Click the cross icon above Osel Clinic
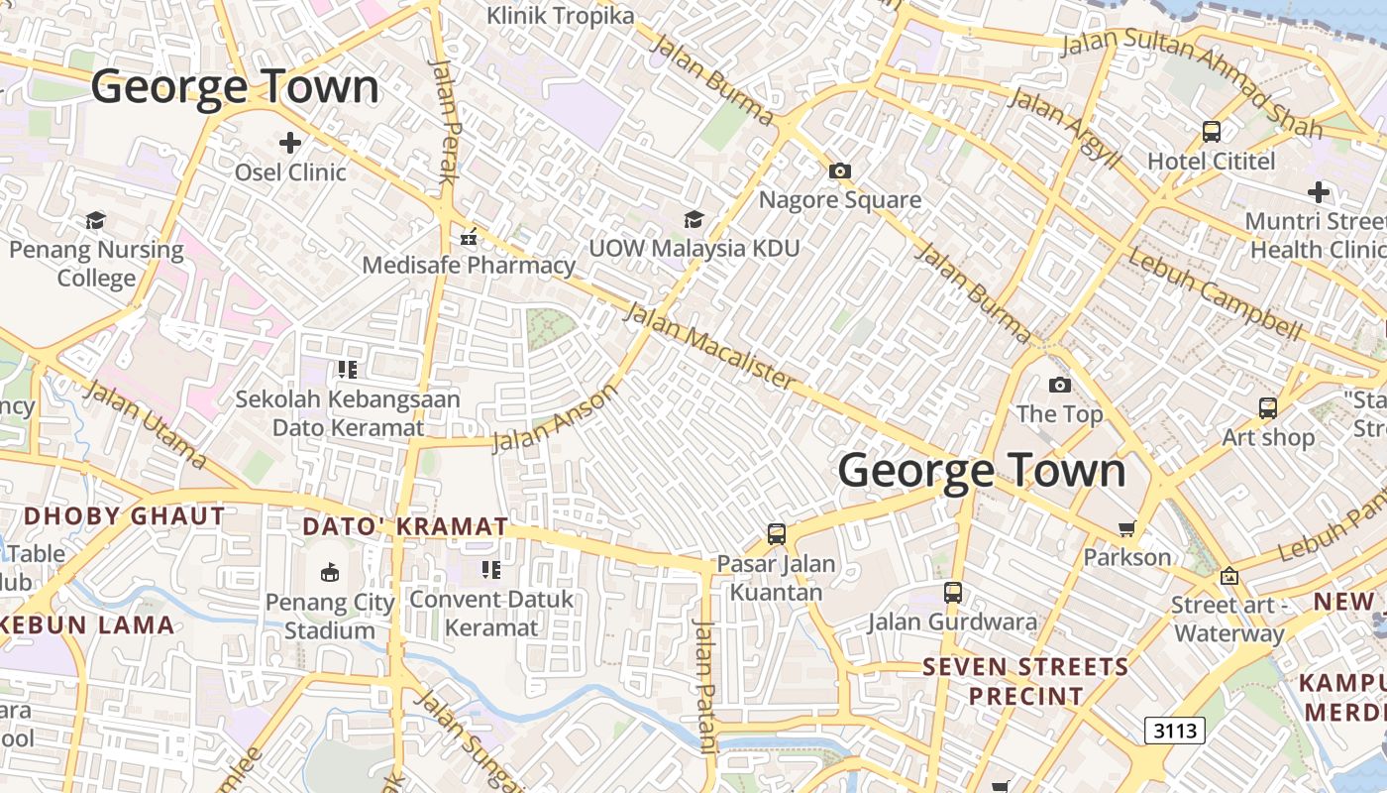tap(289, 143)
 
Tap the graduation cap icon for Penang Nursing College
tap(96, 220)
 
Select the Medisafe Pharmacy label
tap(468, 265)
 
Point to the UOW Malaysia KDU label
tap(693, 248)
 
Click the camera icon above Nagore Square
tap(840, 170)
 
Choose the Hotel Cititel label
tap(1211, 161)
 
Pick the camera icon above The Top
tap(1060, 385)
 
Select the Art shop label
tap(1268, 437)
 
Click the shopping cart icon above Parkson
tap(1126, 528)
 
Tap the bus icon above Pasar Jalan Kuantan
tap(777, 534)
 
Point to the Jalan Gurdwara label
tap(952, 623)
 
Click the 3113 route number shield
tap(1175, 731)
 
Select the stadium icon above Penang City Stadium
tap(330, 572)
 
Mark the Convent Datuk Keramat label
tap(491, 613)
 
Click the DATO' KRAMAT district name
tap(405, 526)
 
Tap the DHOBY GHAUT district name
tap(125, 515)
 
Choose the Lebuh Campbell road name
tap(1215, 293)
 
